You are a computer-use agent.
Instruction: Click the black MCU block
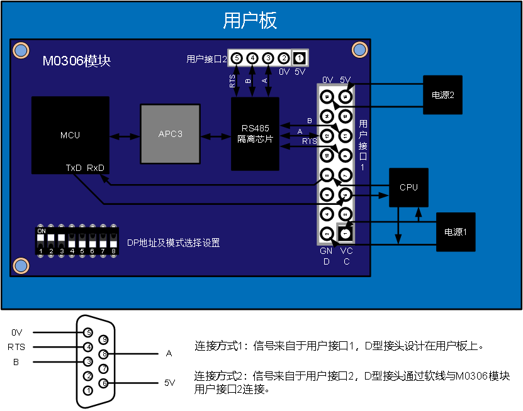tap(70, 135)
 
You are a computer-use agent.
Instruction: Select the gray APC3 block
tap(170, 134)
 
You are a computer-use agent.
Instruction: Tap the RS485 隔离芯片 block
tap(255, 134)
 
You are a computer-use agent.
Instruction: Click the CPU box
tap(408, 187)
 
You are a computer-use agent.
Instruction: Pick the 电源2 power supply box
tap(442, 95)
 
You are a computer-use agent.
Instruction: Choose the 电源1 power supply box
tap(456, 232)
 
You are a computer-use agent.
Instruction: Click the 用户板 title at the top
tap(250, 21)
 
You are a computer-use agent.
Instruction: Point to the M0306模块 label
tap(76, 61)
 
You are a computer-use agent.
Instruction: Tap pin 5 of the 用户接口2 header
tap(237, 58)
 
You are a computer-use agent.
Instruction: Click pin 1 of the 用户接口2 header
tap(300, 58)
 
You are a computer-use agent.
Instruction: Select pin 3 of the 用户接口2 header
tap(268, 58)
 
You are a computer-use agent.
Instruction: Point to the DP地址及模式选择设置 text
tap(173, 243)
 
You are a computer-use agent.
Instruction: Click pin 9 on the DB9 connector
tap(104, 340)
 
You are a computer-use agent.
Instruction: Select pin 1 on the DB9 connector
tap(89, 390)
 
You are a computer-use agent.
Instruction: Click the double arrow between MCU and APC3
tap(125, 136)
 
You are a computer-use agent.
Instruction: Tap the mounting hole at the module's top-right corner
tap(359, 49)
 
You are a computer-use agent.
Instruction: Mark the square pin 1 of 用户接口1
tap(345, 233)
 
